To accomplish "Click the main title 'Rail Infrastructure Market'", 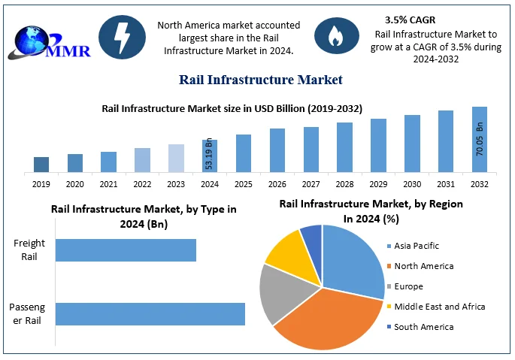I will [260, 79].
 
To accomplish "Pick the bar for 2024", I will [210, 156].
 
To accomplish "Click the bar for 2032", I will [480, 140].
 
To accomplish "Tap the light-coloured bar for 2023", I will [176, 159].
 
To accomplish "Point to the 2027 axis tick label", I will [311, 184].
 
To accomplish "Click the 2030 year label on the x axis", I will [412, 184].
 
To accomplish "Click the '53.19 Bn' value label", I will [209, 156].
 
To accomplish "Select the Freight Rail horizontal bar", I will [126, 250].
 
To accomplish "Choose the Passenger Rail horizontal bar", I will [150, 314].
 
